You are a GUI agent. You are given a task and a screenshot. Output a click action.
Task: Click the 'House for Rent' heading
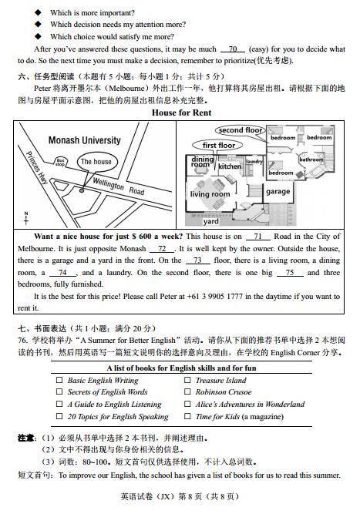tap(181, 113)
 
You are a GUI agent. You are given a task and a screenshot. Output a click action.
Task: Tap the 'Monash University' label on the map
tap(84, 141)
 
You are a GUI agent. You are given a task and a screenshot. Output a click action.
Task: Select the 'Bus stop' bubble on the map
tap(61, 162)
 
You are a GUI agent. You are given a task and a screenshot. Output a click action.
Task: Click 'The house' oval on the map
tap(96, 162)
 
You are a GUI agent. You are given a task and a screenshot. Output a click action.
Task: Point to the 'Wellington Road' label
tap(119, 186)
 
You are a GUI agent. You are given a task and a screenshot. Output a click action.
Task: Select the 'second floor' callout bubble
tap(240, 130)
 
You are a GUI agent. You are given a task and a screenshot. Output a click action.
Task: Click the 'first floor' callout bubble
tap(219, 145)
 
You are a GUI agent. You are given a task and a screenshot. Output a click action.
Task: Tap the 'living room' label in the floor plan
tap(210, 194)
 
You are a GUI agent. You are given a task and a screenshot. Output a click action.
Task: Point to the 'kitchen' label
tap(229, 166)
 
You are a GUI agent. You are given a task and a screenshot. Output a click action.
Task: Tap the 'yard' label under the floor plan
tap(210, 221)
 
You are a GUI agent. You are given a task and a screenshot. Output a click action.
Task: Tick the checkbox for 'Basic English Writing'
tap(59, 381)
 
